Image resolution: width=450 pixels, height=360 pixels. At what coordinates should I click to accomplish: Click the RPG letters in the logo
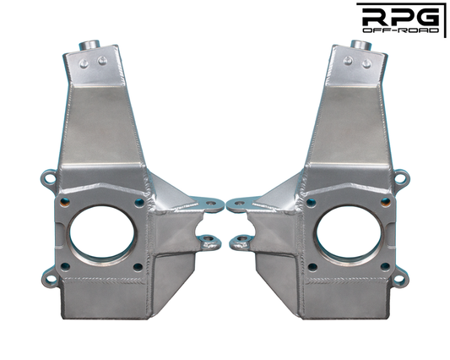coord(400,17)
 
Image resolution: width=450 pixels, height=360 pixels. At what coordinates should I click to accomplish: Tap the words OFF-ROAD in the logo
coord(400,30)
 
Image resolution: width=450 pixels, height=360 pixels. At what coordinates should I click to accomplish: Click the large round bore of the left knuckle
coord(102,232)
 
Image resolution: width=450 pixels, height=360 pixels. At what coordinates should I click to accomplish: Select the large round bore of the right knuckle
coord(349,232)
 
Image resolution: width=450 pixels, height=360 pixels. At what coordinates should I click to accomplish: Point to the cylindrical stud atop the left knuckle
coord(89,45)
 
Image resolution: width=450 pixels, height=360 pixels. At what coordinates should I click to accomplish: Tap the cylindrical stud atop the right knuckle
coord(361,45)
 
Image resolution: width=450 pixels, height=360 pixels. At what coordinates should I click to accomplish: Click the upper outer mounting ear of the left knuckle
coord(49,177)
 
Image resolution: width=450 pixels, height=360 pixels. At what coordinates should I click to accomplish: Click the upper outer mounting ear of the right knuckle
coord(401,177)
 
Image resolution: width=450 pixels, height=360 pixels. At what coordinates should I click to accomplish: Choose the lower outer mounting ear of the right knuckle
coord(399,277)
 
